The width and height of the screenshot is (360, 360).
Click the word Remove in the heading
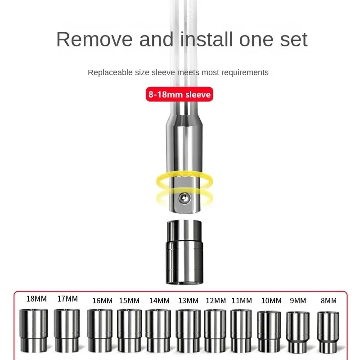94,40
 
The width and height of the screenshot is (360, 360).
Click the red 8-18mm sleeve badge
179,94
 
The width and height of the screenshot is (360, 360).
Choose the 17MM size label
67,299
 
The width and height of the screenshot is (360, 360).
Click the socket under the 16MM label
100,330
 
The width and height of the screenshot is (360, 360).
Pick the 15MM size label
129,301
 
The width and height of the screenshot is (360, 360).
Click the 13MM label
188,301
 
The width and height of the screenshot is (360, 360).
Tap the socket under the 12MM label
215,330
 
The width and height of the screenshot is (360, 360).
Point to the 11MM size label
242,301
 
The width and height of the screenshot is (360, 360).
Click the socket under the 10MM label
269,331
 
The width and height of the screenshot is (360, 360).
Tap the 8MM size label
328,301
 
